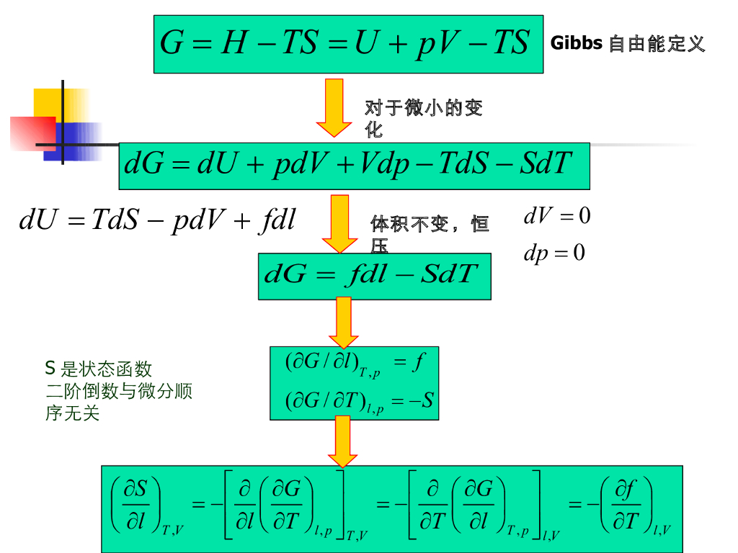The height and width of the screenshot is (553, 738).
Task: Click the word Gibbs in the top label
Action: tap(576, 43)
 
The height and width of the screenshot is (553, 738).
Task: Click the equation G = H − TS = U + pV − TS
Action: tap(347, 44)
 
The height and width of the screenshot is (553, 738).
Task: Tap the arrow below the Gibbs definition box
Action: tap(334, 107)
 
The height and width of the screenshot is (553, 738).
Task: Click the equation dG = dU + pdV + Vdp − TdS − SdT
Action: tap(353, 165)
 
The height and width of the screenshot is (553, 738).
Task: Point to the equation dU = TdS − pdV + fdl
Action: tap(158, 220)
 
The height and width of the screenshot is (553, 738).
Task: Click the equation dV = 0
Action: tap(556, 215)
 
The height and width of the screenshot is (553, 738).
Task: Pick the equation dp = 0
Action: tap(553, 253)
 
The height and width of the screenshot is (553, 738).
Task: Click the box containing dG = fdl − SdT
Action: tap(374, 276)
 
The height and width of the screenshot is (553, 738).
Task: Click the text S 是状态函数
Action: tap(99, 369)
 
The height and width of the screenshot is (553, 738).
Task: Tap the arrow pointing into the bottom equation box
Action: tap(343, 441)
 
